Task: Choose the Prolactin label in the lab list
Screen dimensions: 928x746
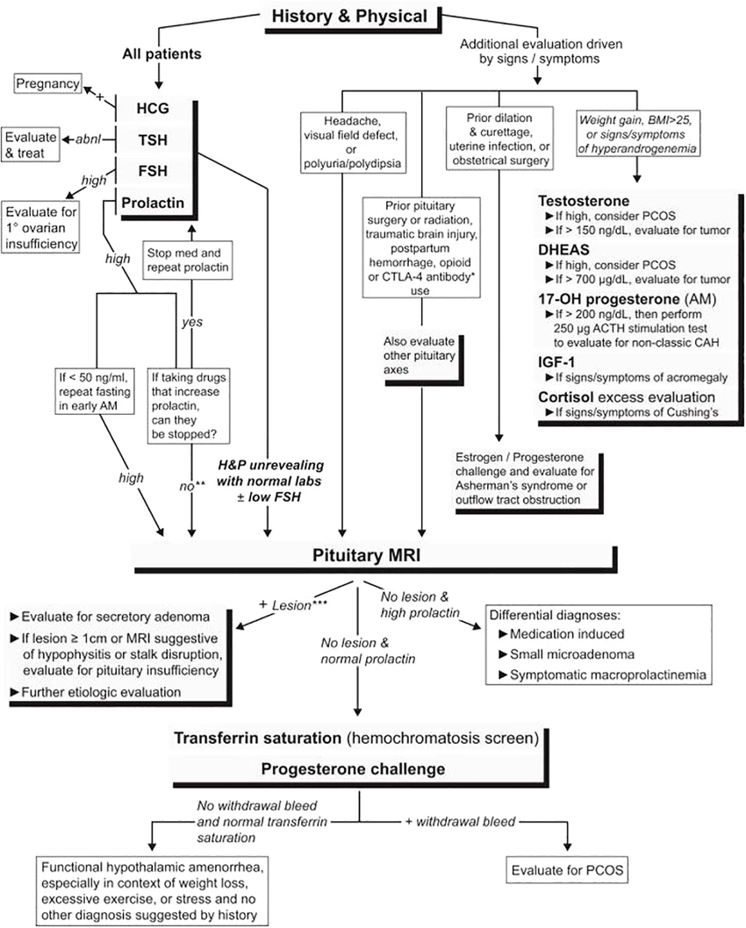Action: coord(154,203)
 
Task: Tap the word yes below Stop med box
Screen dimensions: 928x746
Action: coord(191,322)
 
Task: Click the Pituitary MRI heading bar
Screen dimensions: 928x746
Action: coord(377,556)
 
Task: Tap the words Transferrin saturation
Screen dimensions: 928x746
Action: coord(273,738)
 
